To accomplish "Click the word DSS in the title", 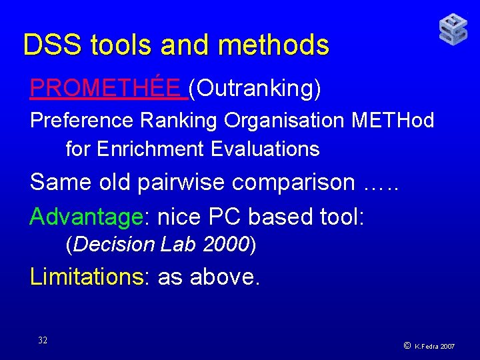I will coord(53,45).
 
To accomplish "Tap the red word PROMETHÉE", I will coord(105,87).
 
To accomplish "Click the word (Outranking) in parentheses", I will coord(255,88).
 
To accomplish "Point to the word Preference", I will coord(82,121).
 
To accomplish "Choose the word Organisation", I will coord(283,121).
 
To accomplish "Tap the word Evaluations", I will coord(265,149).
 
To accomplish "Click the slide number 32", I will coord(43,340).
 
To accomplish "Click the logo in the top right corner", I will coord(453,29).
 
